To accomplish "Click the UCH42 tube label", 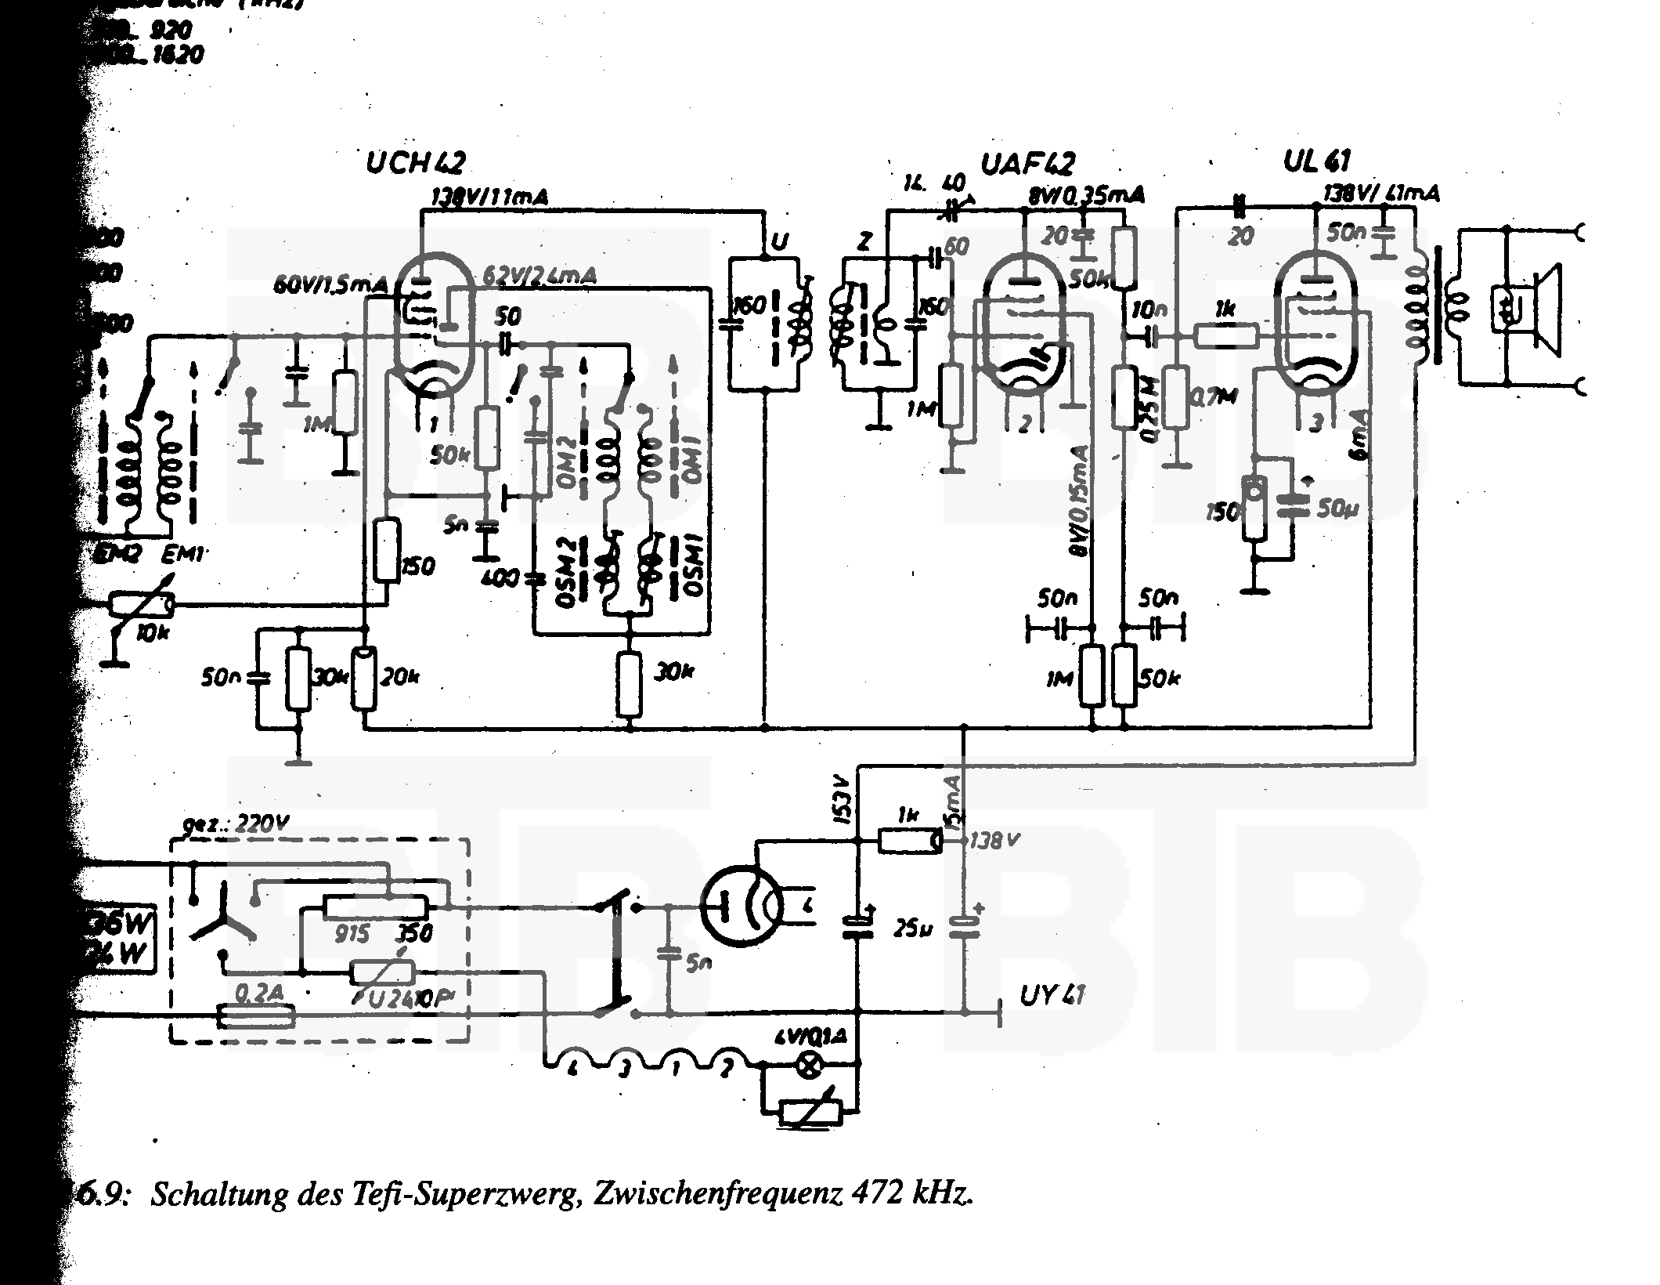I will point(415,163).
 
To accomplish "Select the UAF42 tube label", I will point(1027,165).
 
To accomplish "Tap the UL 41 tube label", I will point(1316,161).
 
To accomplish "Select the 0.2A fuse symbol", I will point(257,1017).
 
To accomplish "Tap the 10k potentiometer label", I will point(152,633).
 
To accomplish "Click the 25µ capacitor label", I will point(913,931).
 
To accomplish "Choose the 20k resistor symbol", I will point(364,679).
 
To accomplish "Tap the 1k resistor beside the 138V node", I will point(908,841).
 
